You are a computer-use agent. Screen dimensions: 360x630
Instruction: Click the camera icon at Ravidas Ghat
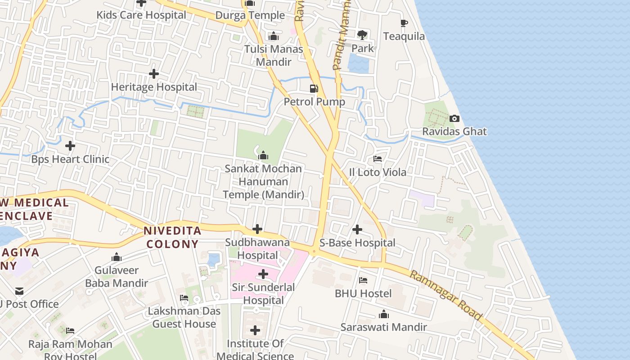454,119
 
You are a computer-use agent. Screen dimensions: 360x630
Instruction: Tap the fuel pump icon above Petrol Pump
314,89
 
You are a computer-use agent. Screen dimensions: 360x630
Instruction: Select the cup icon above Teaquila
404,23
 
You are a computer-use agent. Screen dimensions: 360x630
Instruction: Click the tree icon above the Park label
362,35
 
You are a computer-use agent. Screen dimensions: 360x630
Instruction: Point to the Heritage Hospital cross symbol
154,74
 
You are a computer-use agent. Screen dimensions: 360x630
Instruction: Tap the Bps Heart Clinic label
70,159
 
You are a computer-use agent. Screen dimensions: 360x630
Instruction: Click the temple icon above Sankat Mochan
264,156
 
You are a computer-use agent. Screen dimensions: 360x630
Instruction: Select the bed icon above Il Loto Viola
378,159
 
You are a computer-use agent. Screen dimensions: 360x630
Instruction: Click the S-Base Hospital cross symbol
357,230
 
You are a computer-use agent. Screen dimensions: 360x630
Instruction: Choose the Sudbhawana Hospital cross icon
257,229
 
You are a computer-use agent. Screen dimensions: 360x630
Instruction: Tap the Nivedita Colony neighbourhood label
172,238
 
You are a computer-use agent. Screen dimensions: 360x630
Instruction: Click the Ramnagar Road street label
446,295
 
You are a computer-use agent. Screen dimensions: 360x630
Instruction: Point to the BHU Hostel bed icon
363,280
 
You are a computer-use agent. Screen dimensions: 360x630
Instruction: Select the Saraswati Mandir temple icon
383,314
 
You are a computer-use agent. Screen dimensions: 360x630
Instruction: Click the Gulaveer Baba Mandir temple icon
117,257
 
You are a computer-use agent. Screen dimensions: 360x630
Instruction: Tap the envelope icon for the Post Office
19,291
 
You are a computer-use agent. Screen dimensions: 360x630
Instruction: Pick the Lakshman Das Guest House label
184,317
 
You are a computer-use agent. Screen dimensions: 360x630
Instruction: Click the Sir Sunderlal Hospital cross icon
263,274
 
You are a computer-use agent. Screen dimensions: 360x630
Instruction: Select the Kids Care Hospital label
141,15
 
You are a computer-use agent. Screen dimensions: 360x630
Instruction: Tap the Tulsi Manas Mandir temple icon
274,36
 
